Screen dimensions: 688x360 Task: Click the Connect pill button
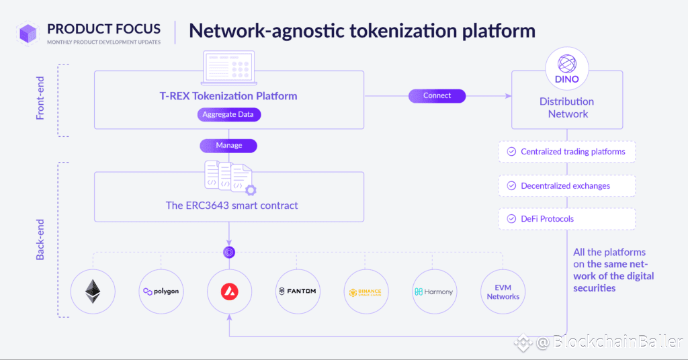click(x=437, y=95)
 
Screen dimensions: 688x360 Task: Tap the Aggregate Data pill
click(x=228, y=114)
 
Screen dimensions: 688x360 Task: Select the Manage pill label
click(x=228, y=146)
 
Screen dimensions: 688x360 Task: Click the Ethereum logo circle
click(x=93, y=291)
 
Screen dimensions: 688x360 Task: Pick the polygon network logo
click(x=161, y=291)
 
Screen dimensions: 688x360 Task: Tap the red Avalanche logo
click(x=230, y=291)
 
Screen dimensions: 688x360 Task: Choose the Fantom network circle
click(x=298, y=291)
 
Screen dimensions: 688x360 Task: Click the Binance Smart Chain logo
click(x=366, y=291)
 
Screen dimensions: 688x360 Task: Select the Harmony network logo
click(x=435, y=291)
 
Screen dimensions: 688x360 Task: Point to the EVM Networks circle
click(x=503, y=291)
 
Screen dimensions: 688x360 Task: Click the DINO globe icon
click(x=567, y=64)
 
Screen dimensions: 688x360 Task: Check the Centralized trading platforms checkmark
click(x=511, y=152)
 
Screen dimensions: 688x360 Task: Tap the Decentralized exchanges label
click(x=565, y=186)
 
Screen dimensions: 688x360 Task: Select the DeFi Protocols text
click(x=547, y=219)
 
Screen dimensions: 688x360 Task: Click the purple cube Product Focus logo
click(x=28, y=34)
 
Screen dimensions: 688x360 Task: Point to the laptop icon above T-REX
click(x=228, y=68)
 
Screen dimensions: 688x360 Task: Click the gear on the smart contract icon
click(x=251, y=190)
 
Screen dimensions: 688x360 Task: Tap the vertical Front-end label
click(x=40, y=98)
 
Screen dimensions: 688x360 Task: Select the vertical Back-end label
click(x=40, y=239)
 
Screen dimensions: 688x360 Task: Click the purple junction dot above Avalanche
click(x=229, y=252)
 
